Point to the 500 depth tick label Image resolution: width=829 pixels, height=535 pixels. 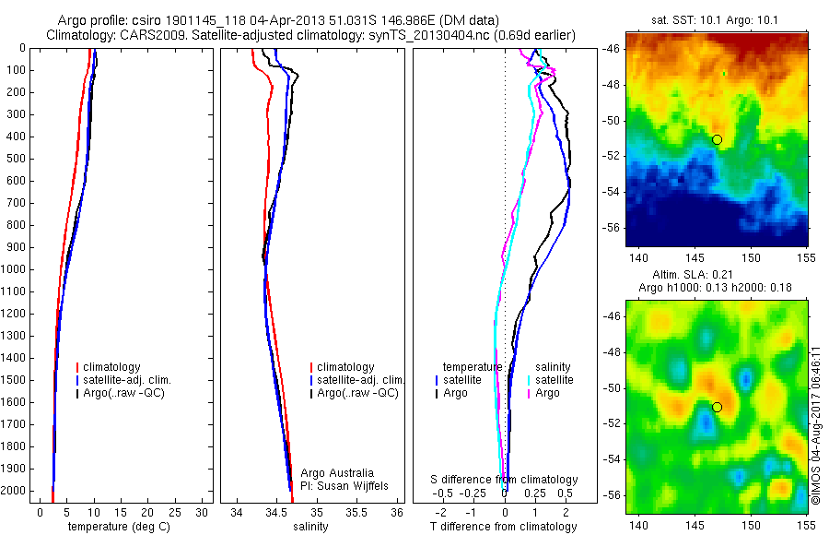click(x=15, y=159)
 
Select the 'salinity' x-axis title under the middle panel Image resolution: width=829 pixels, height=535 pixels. click(x=309, y=527)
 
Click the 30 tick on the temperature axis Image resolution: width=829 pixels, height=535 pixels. click(x=202, y=512)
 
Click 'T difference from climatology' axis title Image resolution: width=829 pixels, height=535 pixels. click(x=504, y=527)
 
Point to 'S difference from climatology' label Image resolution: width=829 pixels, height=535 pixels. click(x=505, y=480)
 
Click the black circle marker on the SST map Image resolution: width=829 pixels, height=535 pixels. click(x=717, y=139)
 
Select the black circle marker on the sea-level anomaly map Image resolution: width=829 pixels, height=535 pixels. click(x=717, y=407)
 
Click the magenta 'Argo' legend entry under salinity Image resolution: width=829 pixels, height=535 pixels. click(x=546, y=393)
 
